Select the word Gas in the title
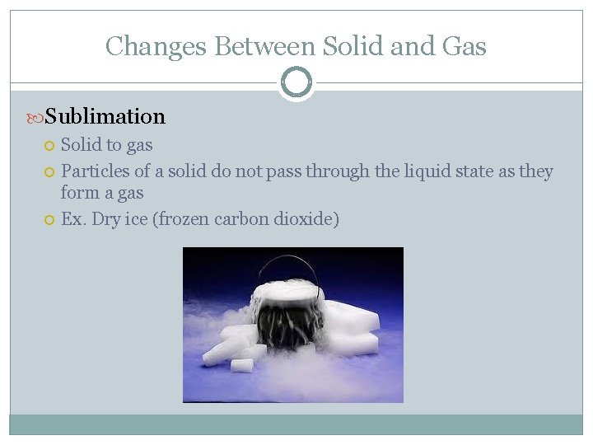coord(464,46)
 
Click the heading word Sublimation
coord(105,116)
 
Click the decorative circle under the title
coord(296,82)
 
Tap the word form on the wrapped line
coord(79,193)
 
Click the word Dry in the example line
coord(106,219)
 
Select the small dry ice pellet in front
coord(241,365)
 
